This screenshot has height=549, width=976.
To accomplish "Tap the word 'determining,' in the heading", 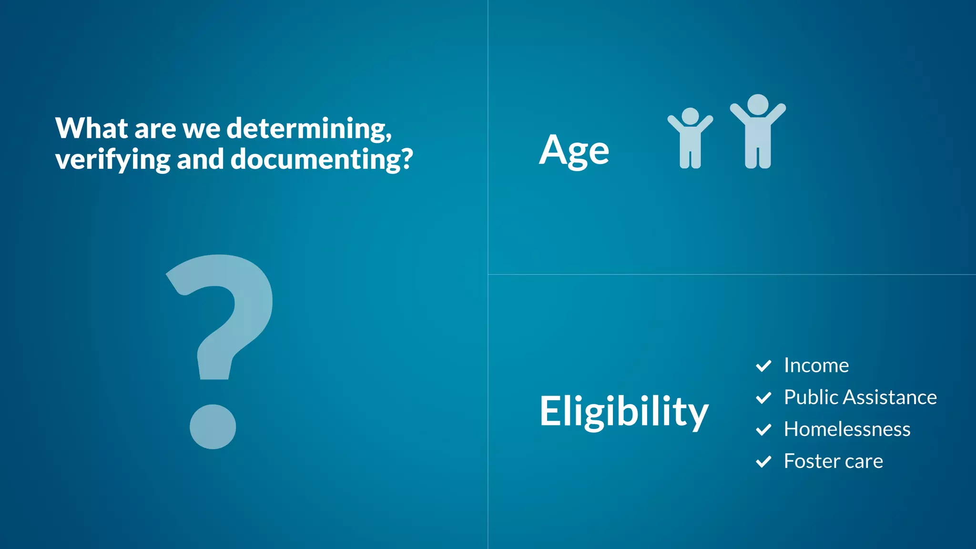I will tap(309, 129).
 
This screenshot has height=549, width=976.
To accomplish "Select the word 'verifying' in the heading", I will tap(112, 160).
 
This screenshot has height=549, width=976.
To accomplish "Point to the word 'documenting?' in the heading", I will tap(322, 160).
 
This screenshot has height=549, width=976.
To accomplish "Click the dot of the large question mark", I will tap(213, 427).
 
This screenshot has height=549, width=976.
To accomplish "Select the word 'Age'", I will tap(574, 150).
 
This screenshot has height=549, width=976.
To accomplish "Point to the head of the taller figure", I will tap(758, 104).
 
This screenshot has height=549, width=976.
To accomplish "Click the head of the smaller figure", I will tap(690, 116).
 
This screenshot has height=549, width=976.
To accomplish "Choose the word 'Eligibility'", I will tap(624, 411).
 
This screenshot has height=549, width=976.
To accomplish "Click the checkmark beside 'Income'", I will tap(763, 366).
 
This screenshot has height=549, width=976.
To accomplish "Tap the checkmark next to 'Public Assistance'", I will tap(763, 398).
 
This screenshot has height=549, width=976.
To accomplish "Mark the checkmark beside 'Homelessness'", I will tap(763, 430).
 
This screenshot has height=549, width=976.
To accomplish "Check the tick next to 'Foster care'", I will tap(763, 462).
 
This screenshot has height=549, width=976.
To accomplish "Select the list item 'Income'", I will tap(816, 366).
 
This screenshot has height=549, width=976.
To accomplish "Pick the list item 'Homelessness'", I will tap(847, 429).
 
